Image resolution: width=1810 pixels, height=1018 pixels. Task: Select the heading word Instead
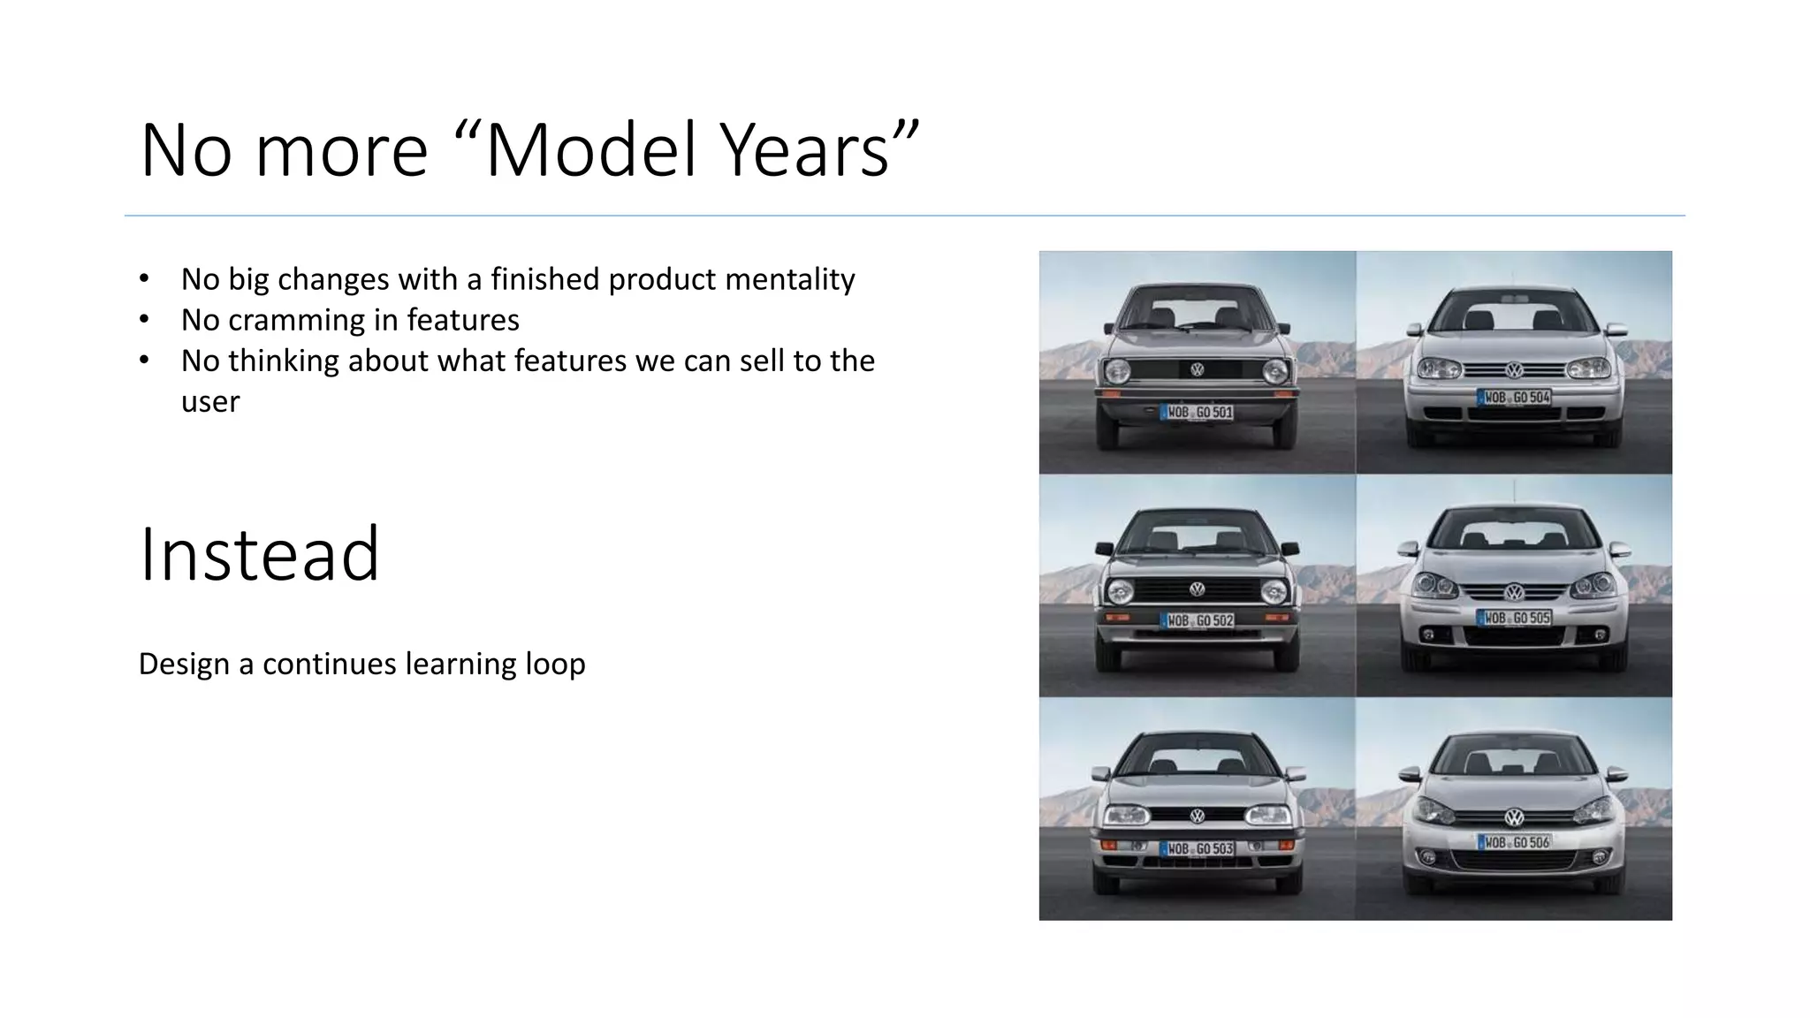pos(259,554)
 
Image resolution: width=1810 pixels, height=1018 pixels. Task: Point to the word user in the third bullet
pos(209,402)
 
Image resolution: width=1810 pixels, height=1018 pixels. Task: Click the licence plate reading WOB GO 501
pos(1197,412)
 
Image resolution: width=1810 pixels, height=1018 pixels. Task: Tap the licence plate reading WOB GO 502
pos(1197,620)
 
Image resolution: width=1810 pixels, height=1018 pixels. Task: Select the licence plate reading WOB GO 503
pos(1197,848)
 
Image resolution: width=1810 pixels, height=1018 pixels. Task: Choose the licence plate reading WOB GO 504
pos(1514,398)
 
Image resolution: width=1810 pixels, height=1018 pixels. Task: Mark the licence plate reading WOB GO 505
pos(1514,618)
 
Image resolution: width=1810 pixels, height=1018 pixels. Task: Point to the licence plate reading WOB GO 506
pos(1514,842)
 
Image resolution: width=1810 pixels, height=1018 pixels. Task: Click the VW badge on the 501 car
pos(1197,369)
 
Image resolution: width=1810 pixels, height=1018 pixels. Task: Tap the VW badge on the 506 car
pos(1514,818)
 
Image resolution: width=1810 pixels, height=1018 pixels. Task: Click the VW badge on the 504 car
pos(1514,371)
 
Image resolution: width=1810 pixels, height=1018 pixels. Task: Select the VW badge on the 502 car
pos(1197,589)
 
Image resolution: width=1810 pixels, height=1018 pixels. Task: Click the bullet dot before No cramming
pos(144,320)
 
